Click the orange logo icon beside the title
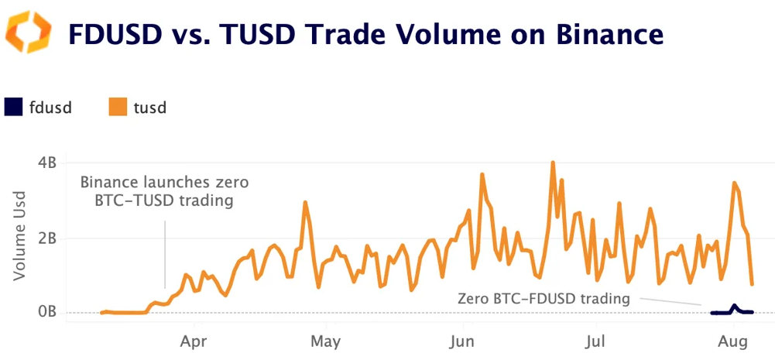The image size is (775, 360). pyautogui.click(x=29, y=32)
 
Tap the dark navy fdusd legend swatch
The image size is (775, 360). pyautogui.click(x=15, y=108)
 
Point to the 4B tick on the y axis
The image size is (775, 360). pyautogui.click(x=46, y=163)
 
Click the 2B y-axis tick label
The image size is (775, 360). pyautogui.click(x=46, y=238)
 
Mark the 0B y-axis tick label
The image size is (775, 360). pyautogui.click(x=46, y=312)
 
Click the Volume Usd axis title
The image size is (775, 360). pyautogui.click(x=20, y=234)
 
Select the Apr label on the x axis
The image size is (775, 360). pyautogui.click(x=193, y=340)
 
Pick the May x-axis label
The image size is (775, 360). pyautogui.click(x=325, y=340)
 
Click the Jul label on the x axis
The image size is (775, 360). pyautogui.click(x=595, y=340)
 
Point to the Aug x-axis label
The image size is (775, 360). pyautogui.click(x=732, y=340)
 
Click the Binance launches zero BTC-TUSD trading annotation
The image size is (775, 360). pyautogui.click(x=164, y=190)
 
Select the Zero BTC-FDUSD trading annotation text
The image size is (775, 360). pyautogui.click(x=544, y=298)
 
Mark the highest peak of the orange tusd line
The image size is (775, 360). pyautogui.click(x=553, y=163)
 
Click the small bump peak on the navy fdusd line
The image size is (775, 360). pyautogui.click(x=733, y=306)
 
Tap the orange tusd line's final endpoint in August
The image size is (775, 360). pyautogui.click(x=752, y=284)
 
